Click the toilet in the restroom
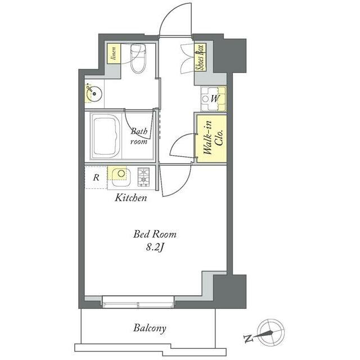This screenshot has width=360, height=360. pos(138,58)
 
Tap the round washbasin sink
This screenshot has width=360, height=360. pos(94,94)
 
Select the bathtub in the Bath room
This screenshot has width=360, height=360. pos(106,137)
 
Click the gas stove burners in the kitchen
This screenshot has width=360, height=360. pos(143,177)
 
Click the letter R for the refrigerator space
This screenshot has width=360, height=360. pos(96,178)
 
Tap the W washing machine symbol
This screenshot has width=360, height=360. pos(214,99)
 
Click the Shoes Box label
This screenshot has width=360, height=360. pos(200,57)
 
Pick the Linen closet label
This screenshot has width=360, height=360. pos(114,53)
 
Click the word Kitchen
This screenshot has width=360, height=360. pos(130,197)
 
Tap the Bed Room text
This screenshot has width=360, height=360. pos(155,234)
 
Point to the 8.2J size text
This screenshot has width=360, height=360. pos(155,247)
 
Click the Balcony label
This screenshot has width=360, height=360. pos(150,328)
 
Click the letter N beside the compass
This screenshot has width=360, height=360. pos(248,339)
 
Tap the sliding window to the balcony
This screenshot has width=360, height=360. pos(138,301)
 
